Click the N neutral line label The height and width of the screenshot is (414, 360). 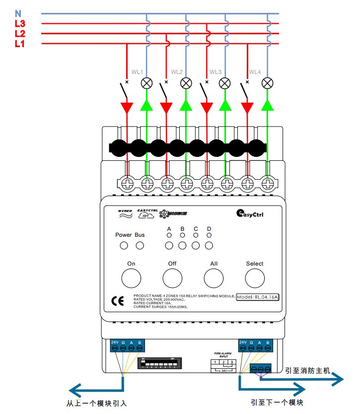18,14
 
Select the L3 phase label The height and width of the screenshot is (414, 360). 20,24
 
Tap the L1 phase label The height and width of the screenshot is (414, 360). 20,44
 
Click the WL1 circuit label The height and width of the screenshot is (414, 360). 137,72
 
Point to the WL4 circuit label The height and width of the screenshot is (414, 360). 255,72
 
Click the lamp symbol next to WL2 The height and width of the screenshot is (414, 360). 186,83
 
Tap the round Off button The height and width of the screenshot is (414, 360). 172,278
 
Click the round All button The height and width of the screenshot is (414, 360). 214,278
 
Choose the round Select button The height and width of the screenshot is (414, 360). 255,278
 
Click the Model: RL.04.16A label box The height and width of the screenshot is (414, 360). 258,297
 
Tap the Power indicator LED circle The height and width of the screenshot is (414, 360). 124,246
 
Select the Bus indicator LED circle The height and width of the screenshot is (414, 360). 140,246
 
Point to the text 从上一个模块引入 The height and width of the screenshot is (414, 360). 97,404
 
